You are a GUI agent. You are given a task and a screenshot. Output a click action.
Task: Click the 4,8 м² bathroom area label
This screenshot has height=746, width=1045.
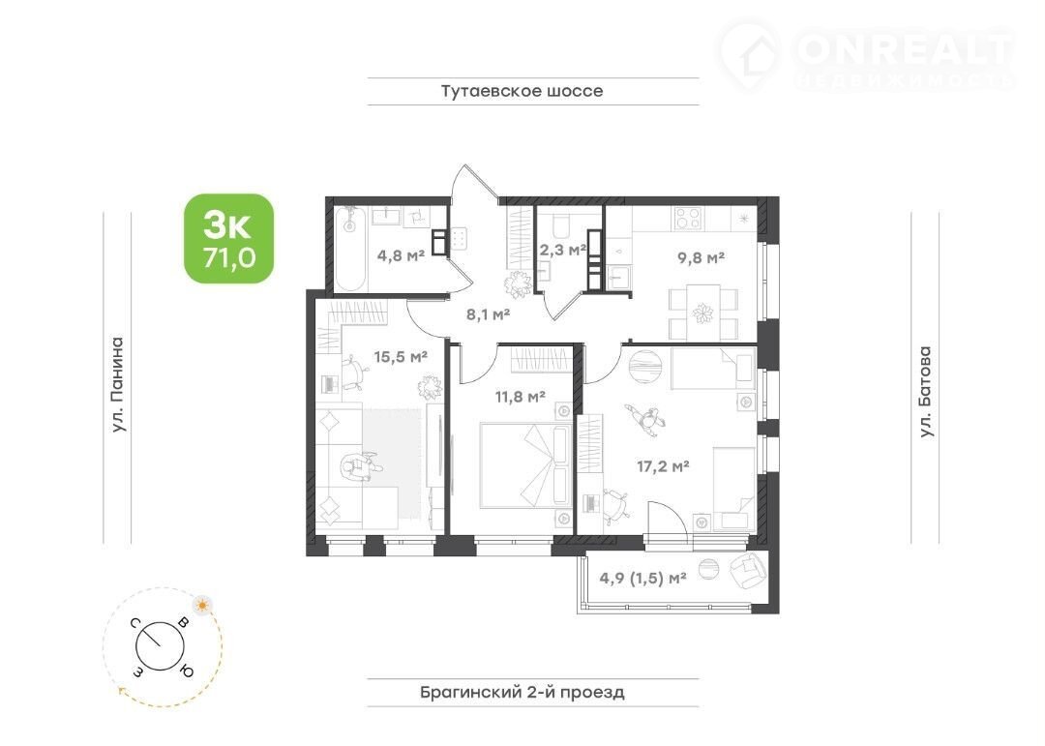401,254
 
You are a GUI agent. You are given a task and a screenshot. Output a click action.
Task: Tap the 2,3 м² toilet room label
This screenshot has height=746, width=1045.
562,250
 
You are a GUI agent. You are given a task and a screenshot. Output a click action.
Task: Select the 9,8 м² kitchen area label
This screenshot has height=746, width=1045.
702,257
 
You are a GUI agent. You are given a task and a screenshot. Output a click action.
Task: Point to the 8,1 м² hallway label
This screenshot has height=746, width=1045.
488,314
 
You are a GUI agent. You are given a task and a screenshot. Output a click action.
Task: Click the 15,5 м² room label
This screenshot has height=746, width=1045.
400,357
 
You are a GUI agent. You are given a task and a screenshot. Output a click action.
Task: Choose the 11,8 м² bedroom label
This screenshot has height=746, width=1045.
520,398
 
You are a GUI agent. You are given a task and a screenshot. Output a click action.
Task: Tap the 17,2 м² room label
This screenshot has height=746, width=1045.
663,466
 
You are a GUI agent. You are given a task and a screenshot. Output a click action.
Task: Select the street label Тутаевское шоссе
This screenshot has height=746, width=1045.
522,91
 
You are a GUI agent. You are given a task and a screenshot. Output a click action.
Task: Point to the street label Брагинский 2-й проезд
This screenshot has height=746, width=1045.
522,692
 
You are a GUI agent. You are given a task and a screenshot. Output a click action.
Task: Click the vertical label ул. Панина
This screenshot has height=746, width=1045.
117,385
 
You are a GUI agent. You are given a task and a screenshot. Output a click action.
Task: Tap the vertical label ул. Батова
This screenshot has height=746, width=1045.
925,392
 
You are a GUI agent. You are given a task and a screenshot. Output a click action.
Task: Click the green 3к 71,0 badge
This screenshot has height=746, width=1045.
228,239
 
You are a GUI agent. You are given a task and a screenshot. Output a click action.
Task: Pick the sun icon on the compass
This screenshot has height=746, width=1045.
201,606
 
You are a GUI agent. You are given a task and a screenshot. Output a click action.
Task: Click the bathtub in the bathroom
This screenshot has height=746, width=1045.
349,249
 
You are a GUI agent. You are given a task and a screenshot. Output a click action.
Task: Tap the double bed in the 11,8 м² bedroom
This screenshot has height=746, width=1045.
523,464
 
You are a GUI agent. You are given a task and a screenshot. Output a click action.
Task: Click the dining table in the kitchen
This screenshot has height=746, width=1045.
703,313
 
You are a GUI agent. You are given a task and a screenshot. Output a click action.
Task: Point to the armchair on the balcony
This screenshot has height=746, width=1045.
748,572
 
